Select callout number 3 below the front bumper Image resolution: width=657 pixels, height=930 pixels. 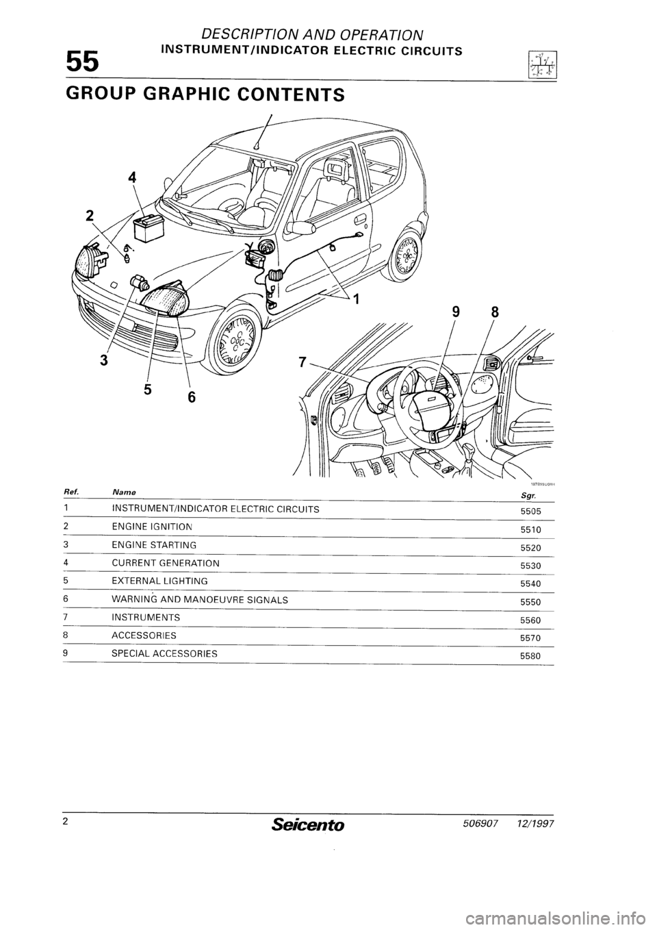(102, 360)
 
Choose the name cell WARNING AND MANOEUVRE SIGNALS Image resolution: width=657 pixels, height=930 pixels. (199, 599)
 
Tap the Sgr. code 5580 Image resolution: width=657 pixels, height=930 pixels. (530, 656)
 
